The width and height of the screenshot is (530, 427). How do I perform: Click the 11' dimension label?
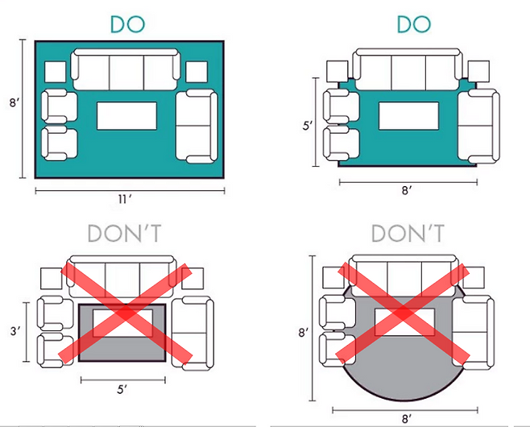coord(124,200)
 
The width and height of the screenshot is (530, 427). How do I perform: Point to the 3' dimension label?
coord(15,331)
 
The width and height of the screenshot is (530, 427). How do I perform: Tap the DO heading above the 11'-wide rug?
coord(128,24)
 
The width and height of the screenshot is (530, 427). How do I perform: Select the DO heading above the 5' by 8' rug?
coord(414,24)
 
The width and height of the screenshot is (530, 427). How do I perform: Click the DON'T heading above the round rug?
coord(408,234)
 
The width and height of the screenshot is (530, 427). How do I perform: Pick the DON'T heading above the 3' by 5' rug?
coord(124,234)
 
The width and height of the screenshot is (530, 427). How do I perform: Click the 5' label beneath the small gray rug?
coord(122,389)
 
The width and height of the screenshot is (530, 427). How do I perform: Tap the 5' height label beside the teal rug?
coord(308,126)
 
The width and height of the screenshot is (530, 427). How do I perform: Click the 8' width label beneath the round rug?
coord(407,419)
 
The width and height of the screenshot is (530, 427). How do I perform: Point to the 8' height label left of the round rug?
coord(304,333)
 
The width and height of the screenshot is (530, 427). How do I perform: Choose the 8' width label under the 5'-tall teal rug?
coord(407,191)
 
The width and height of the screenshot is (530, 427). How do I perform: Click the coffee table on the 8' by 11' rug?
coord(126,116)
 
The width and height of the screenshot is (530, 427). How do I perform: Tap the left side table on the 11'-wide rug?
coord(55,72)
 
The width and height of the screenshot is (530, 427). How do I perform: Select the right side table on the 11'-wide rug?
coord(197,72)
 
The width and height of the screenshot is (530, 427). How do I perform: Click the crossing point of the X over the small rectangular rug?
coord(126,313)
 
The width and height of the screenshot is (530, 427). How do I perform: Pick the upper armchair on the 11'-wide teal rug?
coord(59,106)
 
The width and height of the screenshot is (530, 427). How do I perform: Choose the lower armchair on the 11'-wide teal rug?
coord(59,143)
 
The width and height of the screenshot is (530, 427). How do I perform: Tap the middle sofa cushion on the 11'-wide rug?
coord(126,73)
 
